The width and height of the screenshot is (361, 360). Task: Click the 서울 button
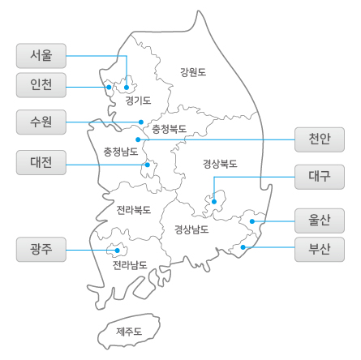(41, 56)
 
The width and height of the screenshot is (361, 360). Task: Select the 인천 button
(41, 85)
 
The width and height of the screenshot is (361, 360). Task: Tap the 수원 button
(41, 122)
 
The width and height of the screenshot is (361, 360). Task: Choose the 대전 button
(41, 162)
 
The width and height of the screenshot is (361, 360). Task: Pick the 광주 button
(41, 250)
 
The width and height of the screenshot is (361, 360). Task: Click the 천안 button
(320, 139)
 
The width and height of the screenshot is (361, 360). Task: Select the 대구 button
(320, 177)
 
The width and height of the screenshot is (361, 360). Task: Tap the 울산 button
(320, 221)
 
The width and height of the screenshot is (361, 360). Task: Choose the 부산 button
(320, 250)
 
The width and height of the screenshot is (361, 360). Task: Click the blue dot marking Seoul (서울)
(127, 88)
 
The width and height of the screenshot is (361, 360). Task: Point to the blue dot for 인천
(109, 87)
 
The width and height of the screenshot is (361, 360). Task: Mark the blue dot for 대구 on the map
(214, 202)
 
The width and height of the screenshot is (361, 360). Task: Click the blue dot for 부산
(243, 247)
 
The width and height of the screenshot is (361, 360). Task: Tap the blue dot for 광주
(117, 251)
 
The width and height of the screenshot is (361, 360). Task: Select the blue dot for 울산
(252, 221)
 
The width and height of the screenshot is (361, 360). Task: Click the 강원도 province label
(193, 72)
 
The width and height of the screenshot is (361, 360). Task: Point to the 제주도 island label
(129, 332)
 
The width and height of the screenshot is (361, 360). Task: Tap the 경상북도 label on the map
(220, 164)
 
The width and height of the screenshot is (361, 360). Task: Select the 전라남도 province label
(130, 265)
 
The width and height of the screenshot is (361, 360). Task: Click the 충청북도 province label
(169, 129)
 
